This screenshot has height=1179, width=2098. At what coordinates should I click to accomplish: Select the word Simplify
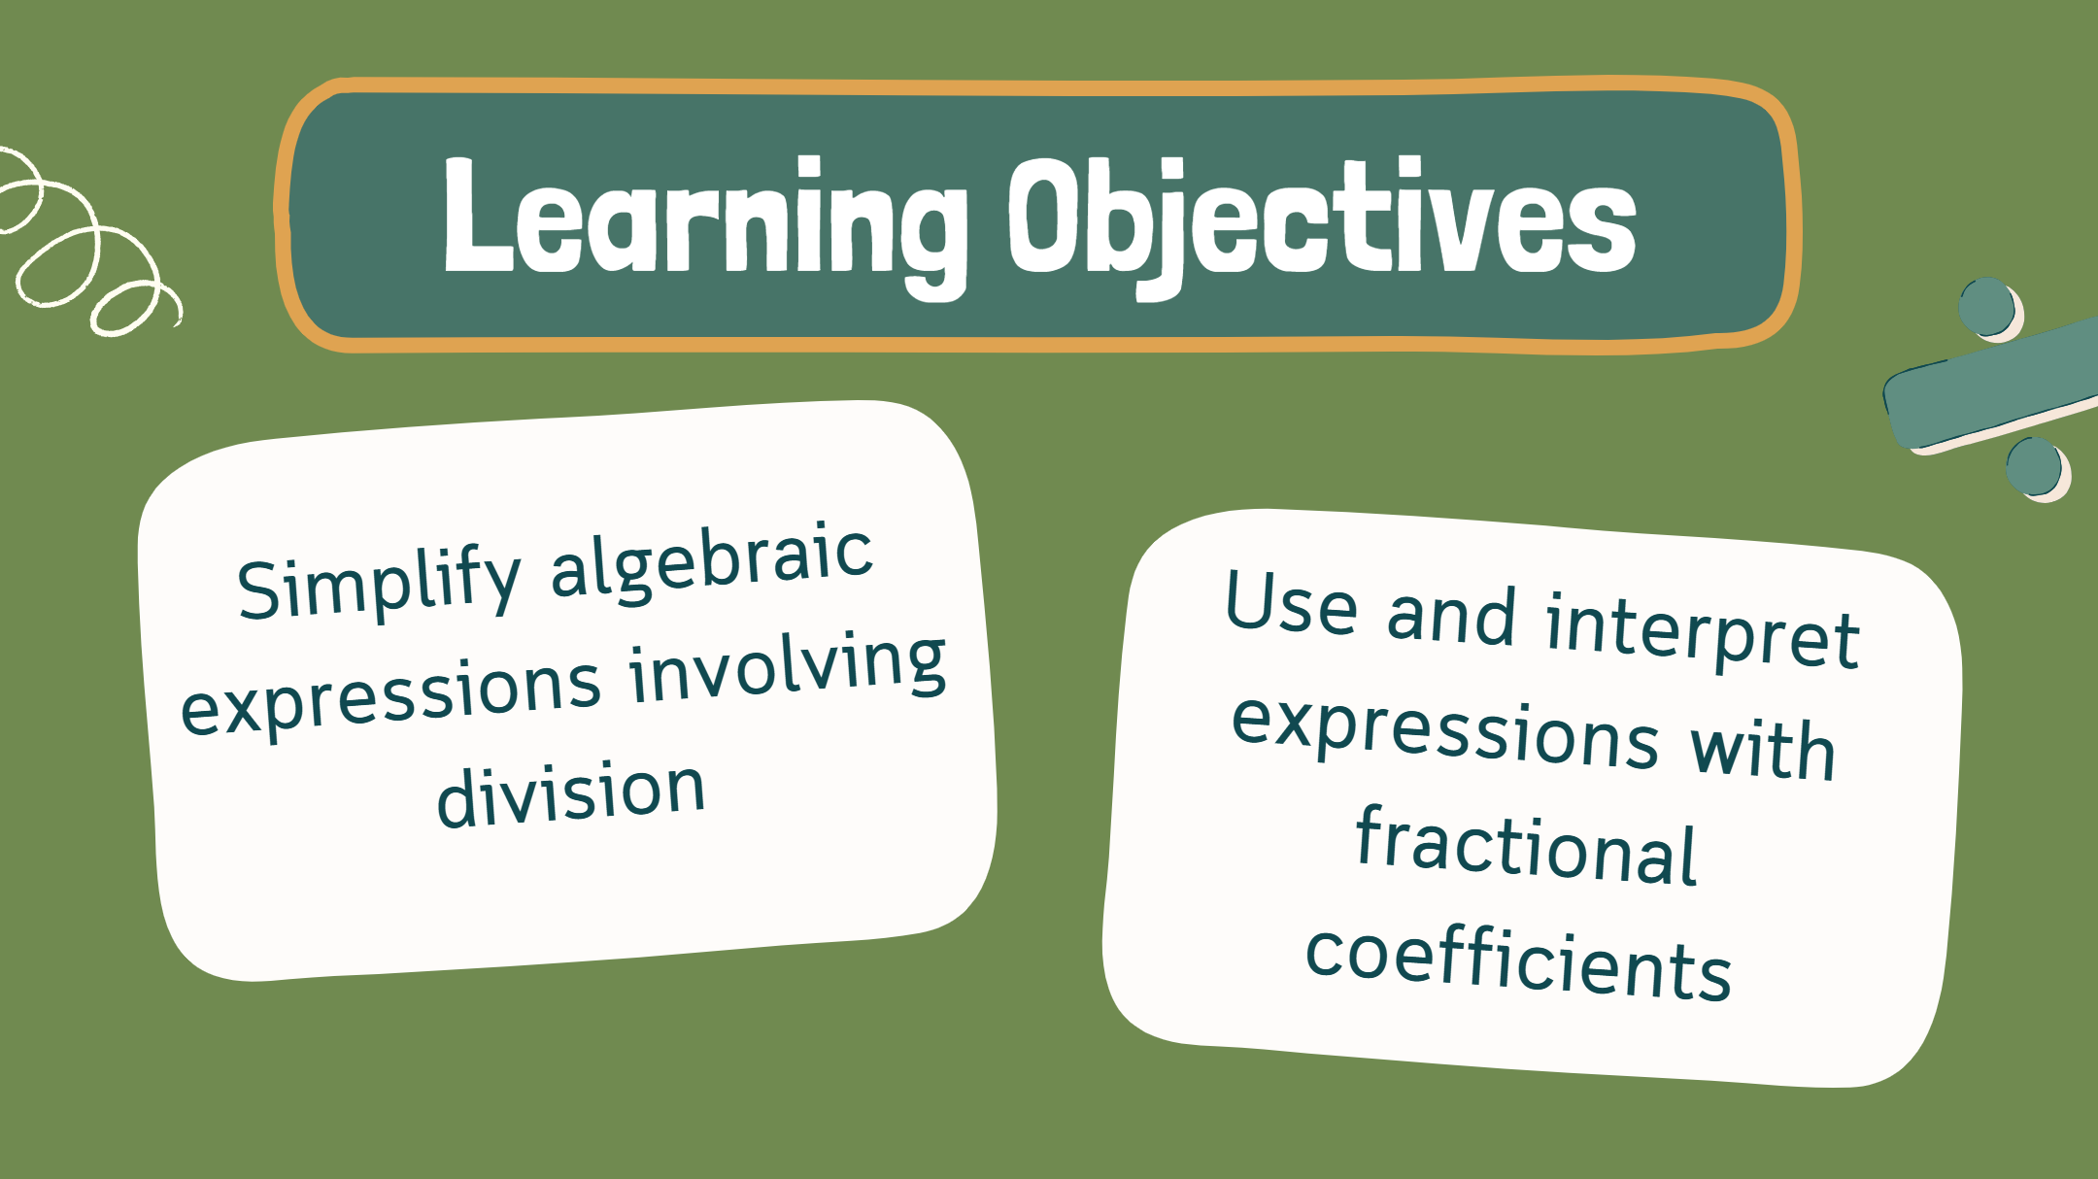[380, 584]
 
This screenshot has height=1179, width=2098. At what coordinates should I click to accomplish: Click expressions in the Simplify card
[390, 696]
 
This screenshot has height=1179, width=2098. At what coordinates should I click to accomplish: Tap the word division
[571, 793]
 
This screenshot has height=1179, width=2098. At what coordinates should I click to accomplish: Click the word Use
[1291, 602]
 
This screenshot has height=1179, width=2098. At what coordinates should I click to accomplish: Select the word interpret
[1703, 633]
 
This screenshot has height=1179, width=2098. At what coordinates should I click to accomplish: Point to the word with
[1763, 750]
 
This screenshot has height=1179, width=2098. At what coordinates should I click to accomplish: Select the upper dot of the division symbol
[1990, 309]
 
